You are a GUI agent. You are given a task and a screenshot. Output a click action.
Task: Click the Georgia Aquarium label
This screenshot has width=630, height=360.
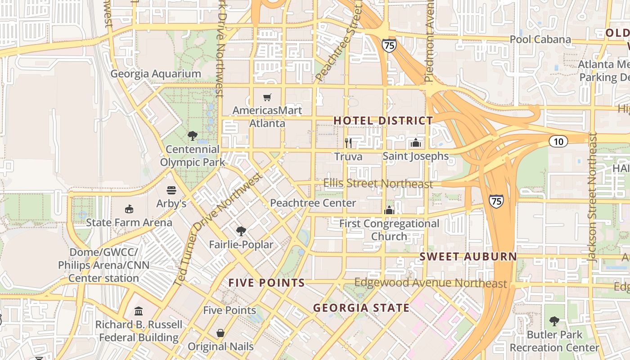(156, 74)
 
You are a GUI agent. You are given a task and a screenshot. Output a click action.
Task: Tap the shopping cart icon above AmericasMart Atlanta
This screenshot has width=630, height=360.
(267, 97)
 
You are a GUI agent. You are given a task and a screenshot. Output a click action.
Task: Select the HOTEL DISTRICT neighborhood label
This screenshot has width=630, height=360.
(383, 121)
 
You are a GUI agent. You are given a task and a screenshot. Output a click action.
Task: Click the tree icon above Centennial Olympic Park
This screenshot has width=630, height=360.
(193, 135)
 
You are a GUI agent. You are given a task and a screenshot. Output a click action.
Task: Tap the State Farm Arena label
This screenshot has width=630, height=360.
(129, 222)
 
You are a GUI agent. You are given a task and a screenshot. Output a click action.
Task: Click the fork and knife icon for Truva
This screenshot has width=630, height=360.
(348, 143)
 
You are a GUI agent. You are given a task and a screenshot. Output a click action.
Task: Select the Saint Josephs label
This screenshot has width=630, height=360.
(415, 156)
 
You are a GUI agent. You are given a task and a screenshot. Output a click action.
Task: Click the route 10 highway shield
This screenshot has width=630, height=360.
(558, 141)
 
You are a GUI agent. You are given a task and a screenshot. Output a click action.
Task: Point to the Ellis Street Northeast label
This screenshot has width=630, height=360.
(378, 184)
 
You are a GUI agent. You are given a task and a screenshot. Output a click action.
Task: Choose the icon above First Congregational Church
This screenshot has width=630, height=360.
(389, 210)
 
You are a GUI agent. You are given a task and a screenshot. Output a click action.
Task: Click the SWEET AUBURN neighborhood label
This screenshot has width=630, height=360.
(468, 256)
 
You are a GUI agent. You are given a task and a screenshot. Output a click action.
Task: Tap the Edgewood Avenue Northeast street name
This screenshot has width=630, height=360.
(431, 283)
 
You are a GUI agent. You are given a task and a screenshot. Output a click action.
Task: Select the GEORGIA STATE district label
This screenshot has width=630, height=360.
(361, 308)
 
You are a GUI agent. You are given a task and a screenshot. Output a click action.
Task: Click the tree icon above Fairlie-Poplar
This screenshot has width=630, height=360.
(241, 231)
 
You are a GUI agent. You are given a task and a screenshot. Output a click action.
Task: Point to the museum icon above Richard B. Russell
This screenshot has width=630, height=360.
(139, 311)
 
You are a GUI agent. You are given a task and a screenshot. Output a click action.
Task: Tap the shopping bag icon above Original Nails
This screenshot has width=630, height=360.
(220, 333)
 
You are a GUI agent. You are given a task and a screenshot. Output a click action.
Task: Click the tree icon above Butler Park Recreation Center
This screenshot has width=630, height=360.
(554, 321)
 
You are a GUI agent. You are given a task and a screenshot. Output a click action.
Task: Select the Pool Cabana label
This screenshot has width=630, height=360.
(540, 40)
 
